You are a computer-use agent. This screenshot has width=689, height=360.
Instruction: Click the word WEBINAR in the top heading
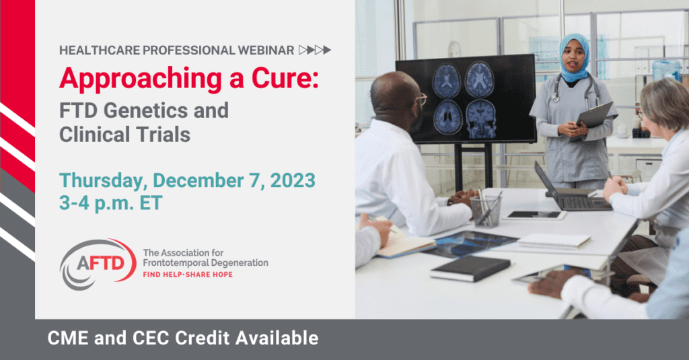tap(266, 50)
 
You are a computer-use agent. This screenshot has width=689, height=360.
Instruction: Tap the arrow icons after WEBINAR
tap(315, 50)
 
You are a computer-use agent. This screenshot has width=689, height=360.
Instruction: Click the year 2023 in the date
tap(293, 180)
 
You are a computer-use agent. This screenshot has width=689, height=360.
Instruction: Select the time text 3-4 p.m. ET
tap(111, 203)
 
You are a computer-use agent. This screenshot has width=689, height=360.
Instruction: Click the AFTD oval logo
tap(98, 264)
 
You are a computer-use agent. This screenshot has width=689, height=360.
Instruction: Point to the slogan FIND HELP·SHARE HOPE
tap(188, 275)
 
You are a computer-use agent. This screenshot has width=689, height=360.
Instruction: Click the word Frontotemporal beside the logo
tap(173, 263)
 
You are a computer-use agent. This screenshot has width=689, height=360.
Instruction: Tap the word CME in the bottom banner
tap(69, 338)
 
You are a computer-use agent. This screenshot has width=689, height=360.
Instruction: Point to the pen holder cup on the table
tap(486, 211)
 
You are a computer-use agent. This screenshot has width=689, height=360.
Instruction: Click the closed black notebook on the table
tap(470, 268)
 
